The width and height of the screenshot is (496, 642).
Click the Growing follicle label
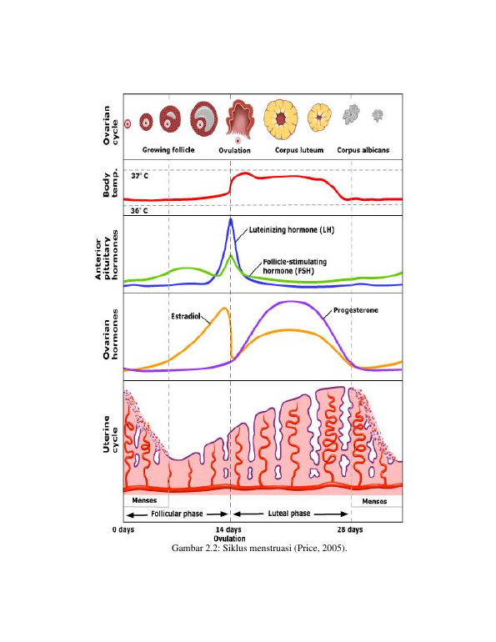[x=168, y=150]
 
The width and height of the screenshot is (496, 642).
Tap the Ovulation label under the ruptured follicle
[x=234, y=150]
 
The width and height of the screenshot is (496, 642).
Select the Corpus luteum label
[x=299, y=150]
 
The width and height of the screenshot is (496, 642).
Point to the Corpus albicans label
[x=363, y=150]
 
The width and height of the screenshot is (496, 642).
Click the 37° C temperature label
[x=139, y=176]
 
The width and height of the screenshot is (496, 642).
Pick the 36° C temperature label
[x=139, y=211]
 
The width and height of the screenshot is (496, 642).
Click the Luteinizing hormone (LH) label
[x=292, y=230]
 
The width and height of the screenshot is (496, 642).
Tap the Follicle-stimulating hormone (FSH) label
[x=294, y=266]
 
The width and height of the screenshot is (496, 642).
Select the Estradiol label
[x=186, y=317]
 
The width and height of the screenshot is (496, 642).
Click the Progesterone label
[x=356, y=310]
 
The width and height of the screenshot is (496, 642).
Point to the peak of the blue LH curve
[x=231, y=219]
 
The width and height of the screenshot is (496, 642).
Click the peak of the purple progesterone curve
[x=291, y=302]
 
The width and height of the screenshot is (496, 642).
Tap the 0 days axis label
[x=123, y=529]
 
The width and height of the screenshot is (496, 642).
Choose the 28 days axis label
[x=350, y=529]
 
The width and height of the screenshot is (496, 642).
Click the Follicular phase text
[x=177, y=514]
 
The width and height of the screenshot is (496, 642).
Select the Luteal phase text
[x=289, y=514]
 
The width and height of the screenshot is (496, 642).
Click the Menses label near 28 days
[x=374, y=501]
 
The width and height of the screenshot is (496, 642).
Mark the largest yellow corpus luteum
[x=281, y=119]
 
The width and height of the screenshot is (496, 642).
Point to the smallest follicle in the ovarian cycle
[x=128, y=123]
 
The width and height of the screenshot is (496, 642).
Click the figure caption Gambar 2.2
[x=259, y=548]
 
